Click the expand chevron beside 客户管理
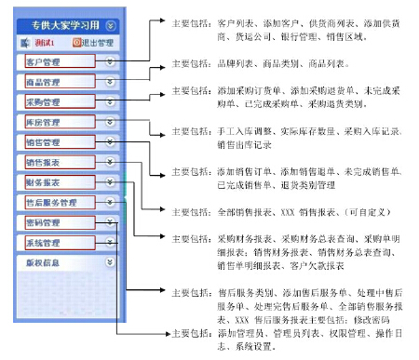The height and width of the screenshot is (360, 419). point(111,62)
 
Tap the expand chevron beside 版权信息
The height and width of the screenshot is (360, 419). point(111,263)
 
